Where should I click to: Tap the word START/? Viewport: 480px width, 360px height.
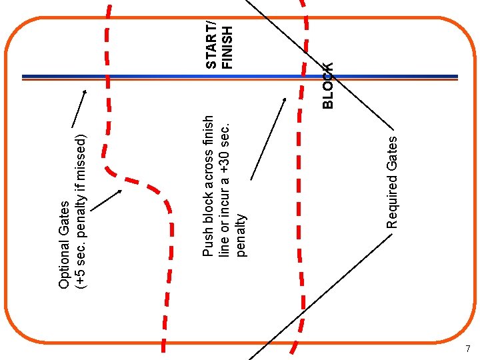pyautogui.click(x=211, y=45)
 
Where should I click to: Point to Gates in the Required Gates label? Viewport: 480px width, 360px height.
pyautogui.click(x=393, y=151)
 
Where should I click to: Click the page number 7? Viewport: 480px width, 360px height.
pyautogui.click(x=468, y=349)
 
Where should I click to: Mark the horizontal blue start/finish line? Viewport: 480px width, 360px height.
pyautogui.click(x=167, y=76)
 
